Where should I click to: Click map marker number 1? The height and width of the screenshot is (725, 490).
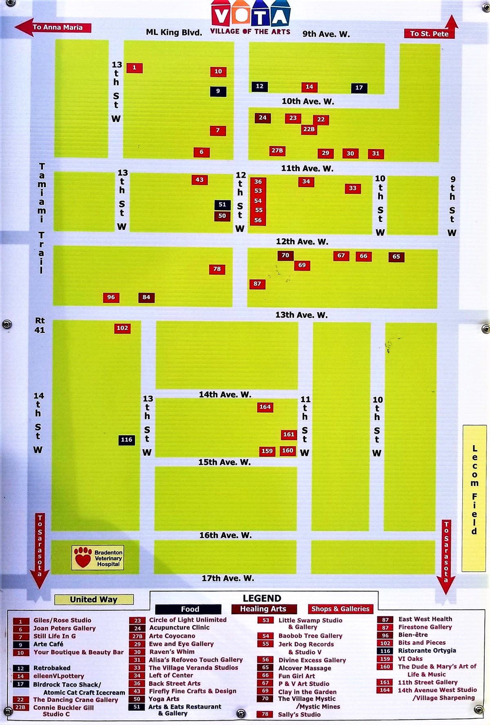(134, 68)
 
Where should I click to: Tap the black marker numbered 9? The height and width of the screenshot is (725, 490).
(218, 91)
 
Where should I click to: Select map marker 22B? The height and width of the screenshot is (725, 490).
(309, 129)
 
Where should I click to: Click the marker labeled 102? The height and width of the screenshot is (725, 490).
(122, 328)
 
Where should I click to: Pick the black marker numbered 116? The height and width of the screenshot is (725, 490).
(127, 440)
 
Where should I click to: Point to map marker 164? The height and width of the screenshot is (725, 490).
(265, 407)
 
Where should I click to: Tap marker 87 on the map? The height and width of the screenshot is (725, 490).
(257, 284)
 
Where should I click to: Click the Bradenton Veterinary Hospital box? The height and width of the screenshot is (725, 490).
(98, 558)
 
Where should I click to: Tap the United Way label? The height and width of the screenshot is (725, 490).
(94, 600)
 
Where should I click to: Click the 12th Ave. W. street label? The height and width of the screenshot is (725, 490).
(302, 242)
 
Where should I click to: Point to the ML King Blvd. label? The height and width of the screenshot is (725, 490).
(174, 32)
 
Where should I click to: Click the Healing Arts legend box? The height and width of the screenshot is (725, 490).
(263, 609)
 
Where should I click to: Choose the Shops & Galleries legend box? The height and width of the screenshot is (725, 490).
(340, 609)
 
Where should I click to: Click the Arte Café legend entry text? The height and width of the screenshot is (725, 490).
(48, 644)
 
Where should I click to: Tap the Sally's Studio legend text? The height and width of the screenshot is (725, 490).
(299, 714)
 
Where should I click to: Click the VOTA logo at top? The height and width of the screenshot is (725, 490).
(250, 16)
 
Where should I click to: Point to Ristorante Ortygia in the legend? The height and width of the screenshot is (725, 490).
(427, 651)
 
